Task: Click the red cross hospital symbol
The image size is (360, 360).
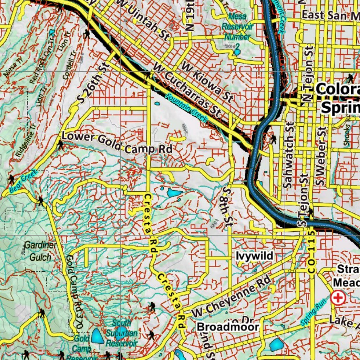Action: pyautogui.click(x=338, y=298)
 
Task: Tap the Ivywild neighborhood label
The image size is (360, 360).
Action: pyautogui.click(x=254, y=256)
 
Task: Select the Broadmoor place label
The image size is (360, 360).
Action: pyautogui.click(x=228, y=327)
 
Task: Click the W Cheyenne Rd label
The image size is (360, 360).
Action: pyautogui.click(x=231, y=296)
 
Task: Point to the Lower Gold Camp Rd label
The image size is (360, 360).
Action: pyautogui.click(x=117, y=143)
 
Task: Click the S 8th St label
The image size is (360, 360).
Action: pyautogui.click(x=228, y=206)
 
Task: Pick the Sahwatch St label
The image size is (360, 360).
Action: pyautogui.click(x=289, y=155)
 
